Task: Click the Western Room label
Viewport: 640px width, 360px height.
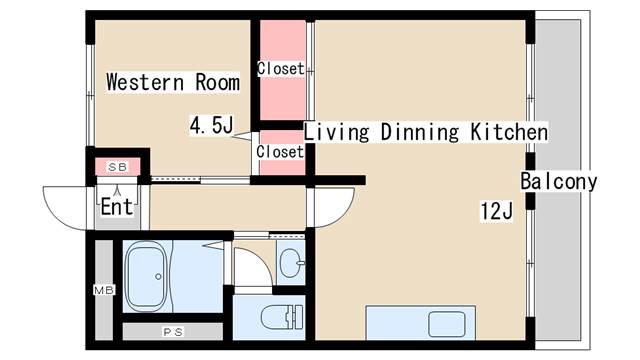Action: click(x=173, y=82)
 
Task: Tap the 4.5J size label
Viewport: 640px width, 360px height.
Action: click(x=211, y=125)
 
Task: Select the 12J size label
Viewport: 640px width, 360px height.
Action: click(x=496, y=211)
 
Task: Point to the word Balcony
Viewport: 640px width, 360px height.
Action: click(x=559, y=181)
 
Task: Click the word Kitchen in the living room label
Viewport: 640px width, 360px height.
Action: click(x=509, y=132)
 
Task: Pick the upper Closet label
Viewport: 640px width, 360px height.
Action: click(x=281, y=69)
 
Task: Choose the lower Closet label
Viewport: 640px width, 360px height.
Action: click(x=280, y=152)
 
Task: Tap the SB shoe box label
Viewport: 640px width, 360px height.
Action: click(x=118, y=167)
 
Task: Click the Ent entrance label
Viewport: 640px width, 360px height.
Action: click(x=117, y=207)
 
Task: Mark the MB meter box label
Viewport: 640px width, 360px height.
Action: click(x=104, y=290)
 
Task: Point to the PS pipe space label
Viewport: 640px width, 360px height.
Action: click(x=173, y=332)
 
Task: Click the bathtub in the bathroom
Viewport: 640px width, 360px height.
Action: click(x=146, y=277)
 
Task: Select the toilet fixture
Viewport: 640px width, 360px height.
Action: click(x=282, y=317)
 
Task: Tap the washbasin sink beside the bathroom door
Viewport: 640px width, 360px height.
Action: click(x=292, y=263)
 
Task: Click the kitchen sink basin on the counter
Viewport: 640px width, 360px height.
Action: click(x=447, y=324)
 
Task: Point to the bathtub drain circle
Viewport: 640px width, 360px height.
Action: click(x=158, y=277)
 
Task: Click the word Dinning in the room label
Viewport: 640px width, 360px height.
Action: click(x=420, y=132)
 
